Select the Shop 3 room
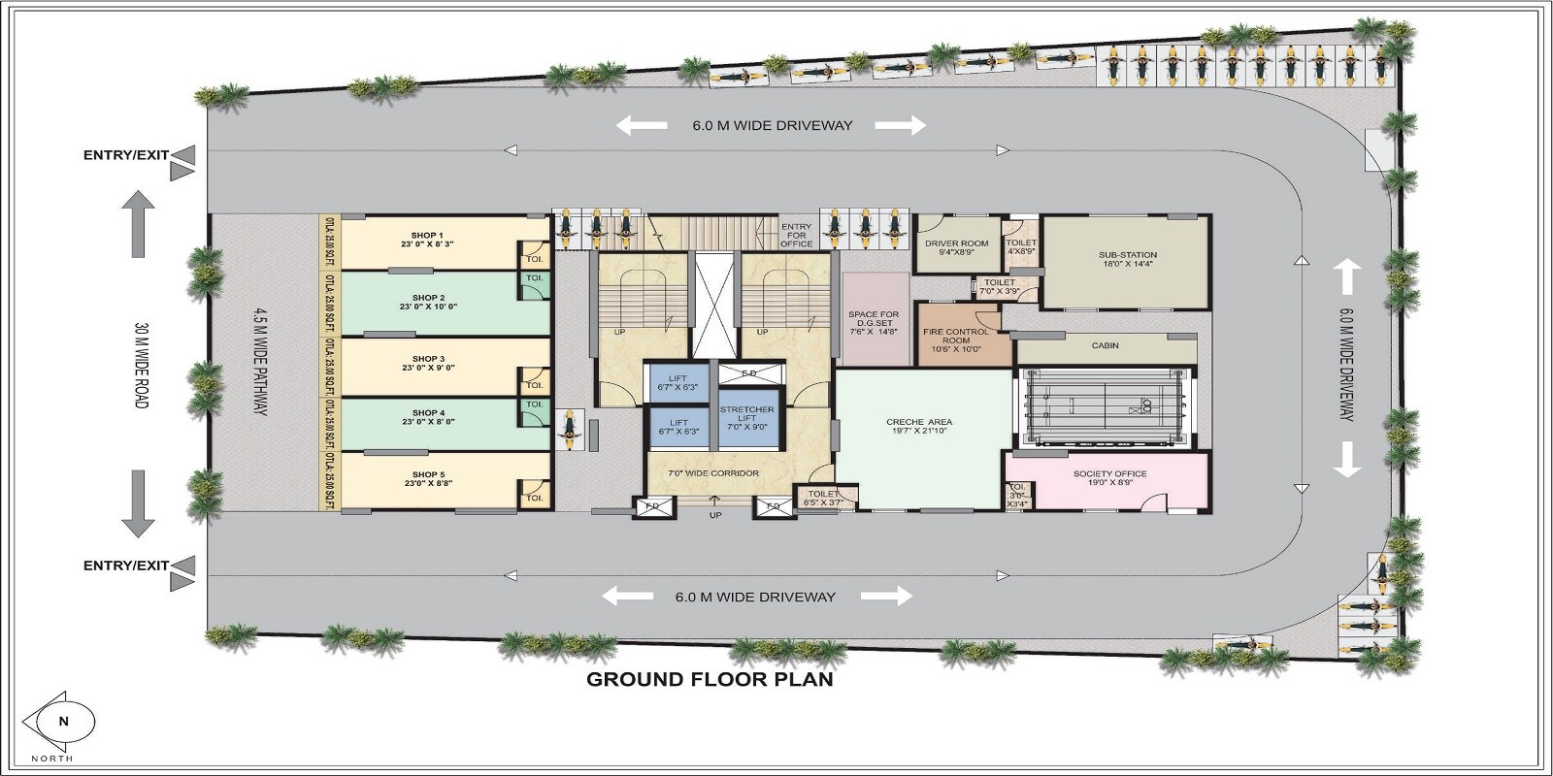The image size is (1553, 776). pos(427,364)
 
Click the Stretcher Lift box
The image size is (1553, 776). pos(747,418)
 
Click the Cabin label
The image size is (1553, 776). pos(1105,345)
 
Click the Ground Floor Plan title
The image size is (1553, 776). pos(710,679)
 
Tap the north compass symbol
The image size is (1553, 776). pos(64,722)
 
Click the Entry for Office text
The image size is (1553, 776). pos(796,235)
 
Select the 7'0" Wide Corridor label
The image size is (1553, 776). pos(713,473)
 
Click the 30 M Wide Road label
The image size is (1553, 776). pos(142,364)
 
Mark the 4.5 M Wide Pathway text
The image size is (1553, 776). pos(260,364)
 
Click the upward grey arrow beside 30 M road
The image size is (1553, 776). pos(138,223)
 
